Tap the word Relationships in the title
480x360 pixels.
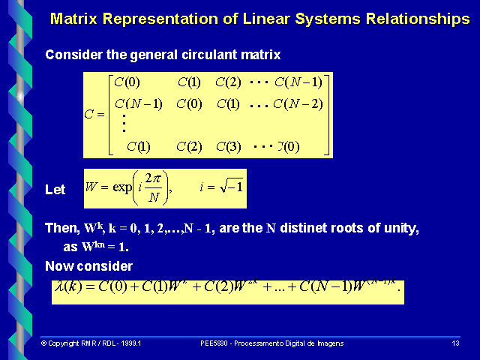[x=408, y=19]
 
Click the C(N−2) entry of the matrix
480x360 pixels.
[x=298, y=103]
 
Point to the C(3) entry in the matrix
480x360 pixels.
[x=228, y=146]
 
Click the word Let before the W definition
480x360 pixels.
[x=55, y=190]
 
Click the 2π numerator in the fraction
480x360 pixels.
[x=154, y=180]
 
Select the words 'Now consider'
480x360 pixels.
[x=88, y=266]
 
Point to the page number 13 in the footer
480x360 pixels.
[x=455, y=343]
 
